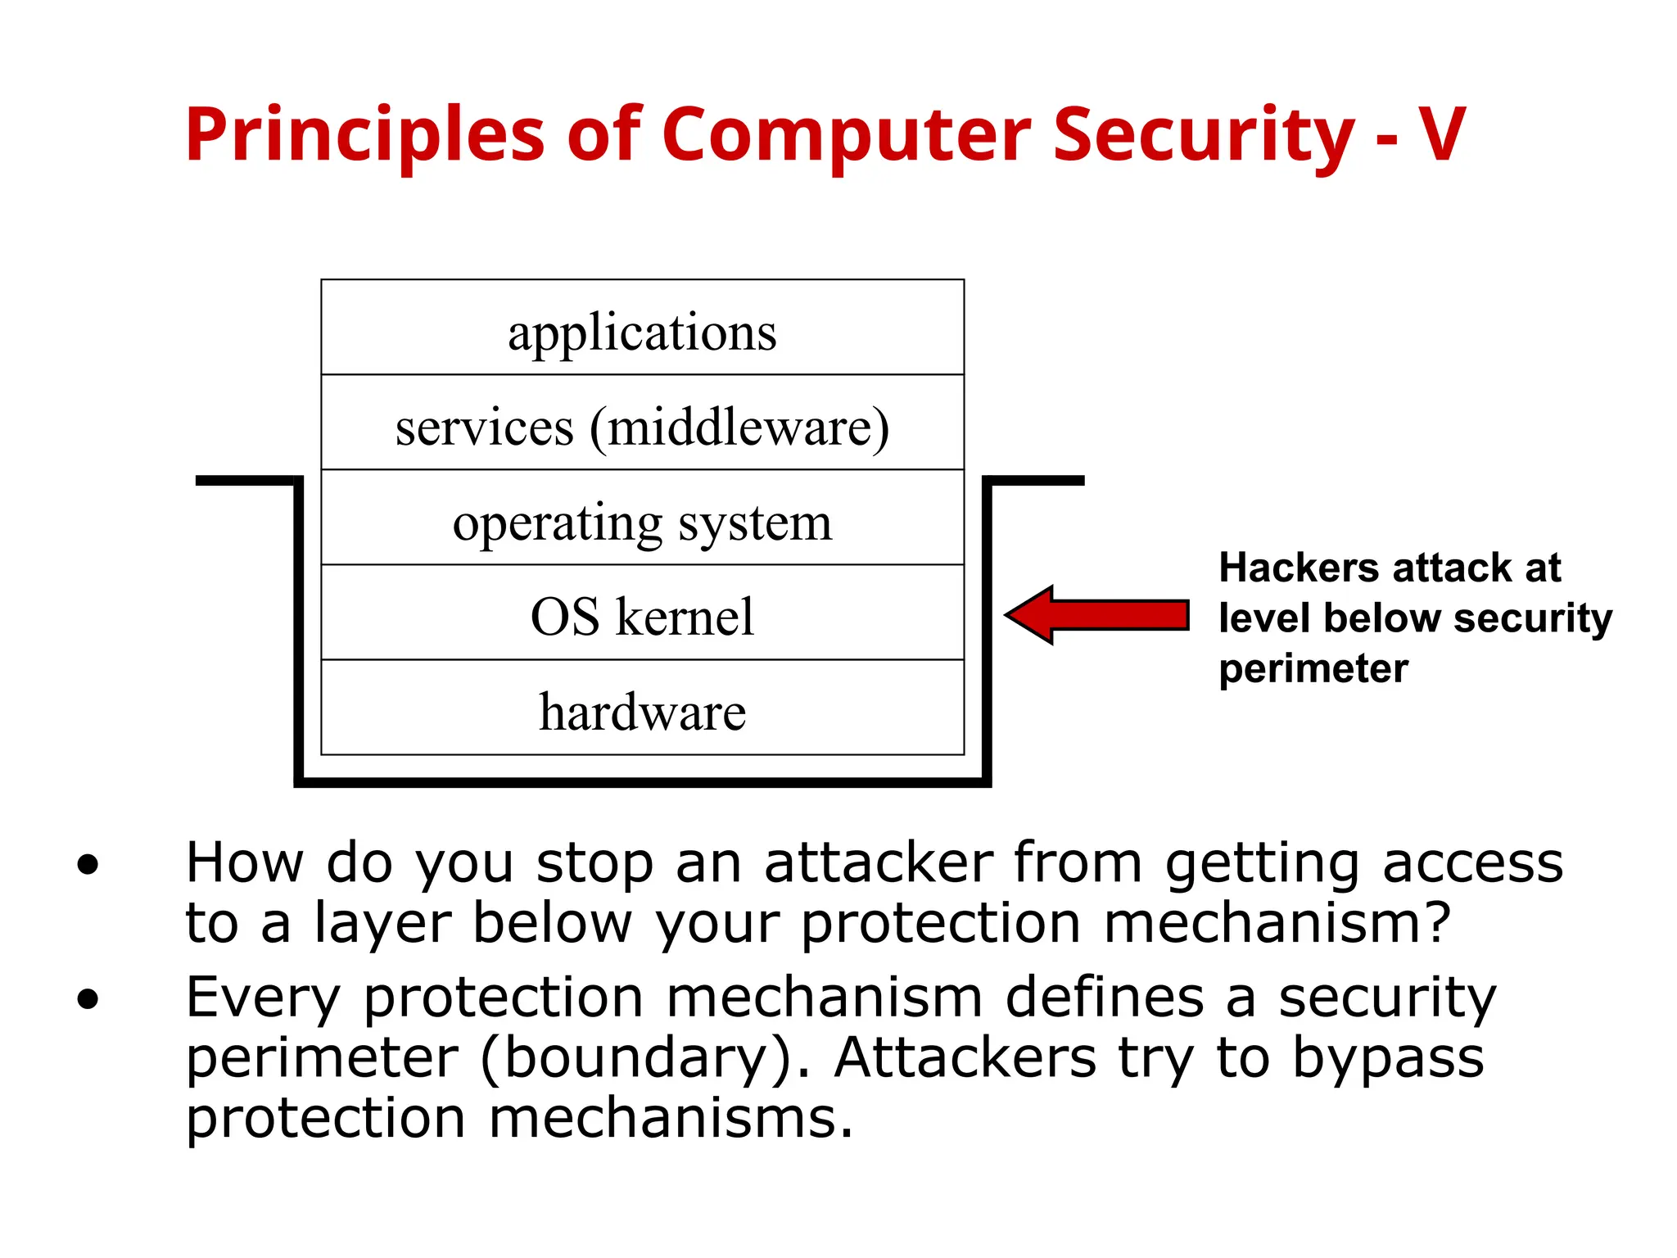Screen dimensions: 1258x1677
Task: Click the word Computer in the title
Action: pos(846,135)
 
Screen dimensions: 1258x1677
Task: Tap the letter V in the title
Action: pos(1441,135)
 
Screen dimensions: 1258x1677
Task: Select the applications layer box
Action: pos(642,328)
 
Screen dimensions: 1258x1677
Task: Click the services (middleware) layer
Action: pos(642,423)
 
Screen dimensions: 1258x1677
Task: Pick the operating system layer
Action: pos(642,518)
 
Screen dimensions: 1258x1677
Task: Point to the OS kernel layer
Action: pos(642,613)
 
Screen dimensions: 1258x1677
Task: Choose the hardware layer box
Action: pos(642,708)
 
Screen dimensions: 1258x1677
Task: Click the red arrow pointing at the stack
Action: pos(1097,614)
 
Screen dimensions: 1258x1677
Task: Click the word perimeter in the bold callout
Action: pos(1313,668)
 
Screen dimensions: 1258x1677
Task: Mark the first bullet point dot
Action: pos(88,865)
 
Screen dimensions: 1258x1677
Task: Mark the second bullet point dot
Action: pos(88,999)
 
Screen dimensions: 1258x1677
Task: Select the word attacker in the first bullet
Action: pos(879,863)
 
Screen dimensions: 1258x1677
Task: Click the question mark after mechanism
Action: pos(1436,923)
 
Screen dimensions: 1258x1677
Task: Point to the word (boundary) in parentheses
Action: pos(644,1059)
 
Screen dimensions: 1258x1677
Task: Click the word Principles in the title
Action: pos(364,135)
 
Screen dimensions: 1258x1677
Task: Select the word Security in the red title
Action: pos(1204,135)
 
